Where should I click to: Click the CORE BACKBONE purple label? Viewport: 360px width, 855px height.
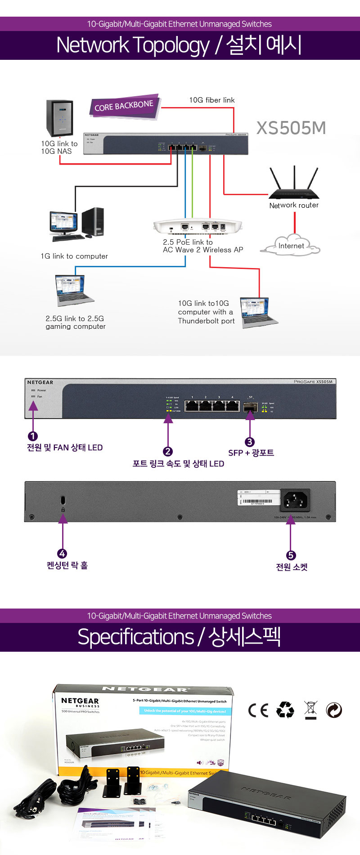(124, 107)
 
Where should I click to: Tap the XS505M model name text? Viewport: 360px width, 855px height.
(291, 128)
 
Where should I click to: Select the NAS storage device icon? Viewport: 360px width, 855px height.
(59, 118)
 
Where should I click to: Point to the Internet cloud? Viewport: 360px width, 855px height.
(291, 245)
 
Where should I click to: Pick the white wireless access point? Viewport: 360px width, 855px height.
(198, 226)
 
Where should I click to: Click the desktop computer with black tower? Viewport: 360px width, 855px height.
(77, 224)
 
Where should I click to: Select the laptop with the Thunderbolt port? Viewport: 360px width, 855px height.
(258, 312)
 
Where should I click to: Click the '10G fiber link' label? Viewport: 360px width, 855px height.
(211, 100)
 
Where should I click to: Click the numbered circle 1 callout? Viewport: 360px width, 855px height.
(33, 436)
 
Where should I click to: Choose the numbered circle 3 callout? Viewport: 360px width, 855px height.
(249, 442)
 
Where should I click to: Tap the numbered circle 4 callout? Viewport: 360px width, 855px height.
(63, 554)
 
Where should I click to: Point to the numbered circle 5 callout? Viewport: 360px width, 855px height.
(291, 555)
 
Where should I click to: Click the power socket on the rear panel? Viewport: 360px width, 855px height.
(295, 500)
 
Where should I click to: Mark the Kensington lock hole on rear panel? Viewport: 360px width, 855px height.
(63, 500)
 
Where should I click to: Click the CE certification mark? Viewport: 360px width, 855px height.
(258, 710)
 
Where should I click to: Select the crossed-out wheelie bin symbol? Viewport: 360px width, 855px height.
(310, 710)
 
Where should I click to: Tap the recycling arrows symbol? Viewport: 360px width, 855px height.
(285, 710)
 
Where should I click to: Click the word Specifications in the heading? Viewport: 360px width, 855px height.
(135, 637)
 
